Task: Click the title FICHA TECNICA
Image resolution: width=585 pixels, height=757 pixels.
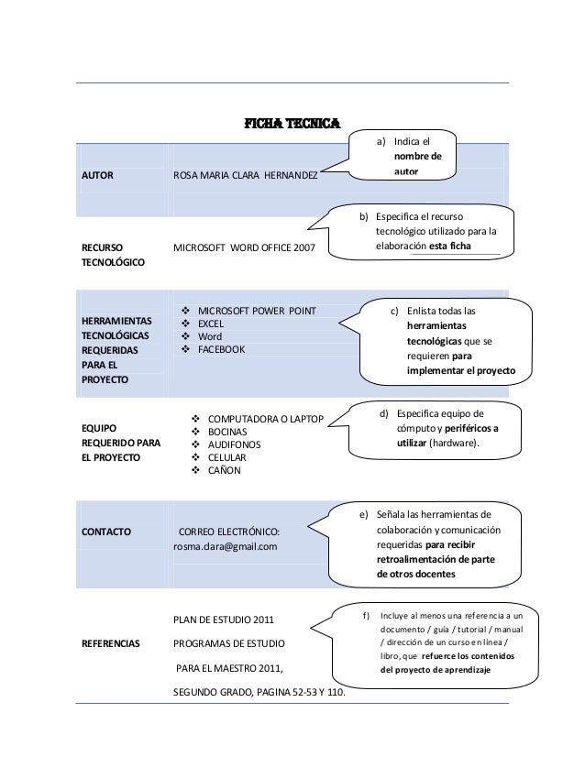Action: coord(291,124)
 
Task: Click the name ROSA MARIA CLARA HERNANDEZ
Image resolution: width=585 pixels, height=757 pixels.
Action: coord(246,173)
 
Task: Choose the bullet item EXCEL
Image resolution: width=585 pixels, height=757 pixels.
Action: coord(212,324)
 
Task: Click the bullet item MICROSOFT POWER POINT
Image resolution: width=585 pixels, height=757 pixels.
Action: coord(257,312)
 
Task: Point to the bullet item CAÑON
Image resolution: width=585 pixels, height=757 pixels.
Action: coord(225,470)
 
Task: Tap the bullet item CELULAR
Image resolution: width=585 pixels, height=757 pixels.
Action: coord(230,457)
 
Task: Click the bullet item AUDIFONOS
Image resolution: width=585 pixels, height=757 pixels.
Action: coord(235,444)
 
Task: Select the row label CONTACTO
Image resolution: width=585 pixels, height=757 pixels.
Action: coord(105,532)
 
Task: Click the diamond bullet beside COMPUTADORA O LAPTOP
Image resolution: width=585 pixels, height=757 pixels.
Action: coord(194,419)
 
